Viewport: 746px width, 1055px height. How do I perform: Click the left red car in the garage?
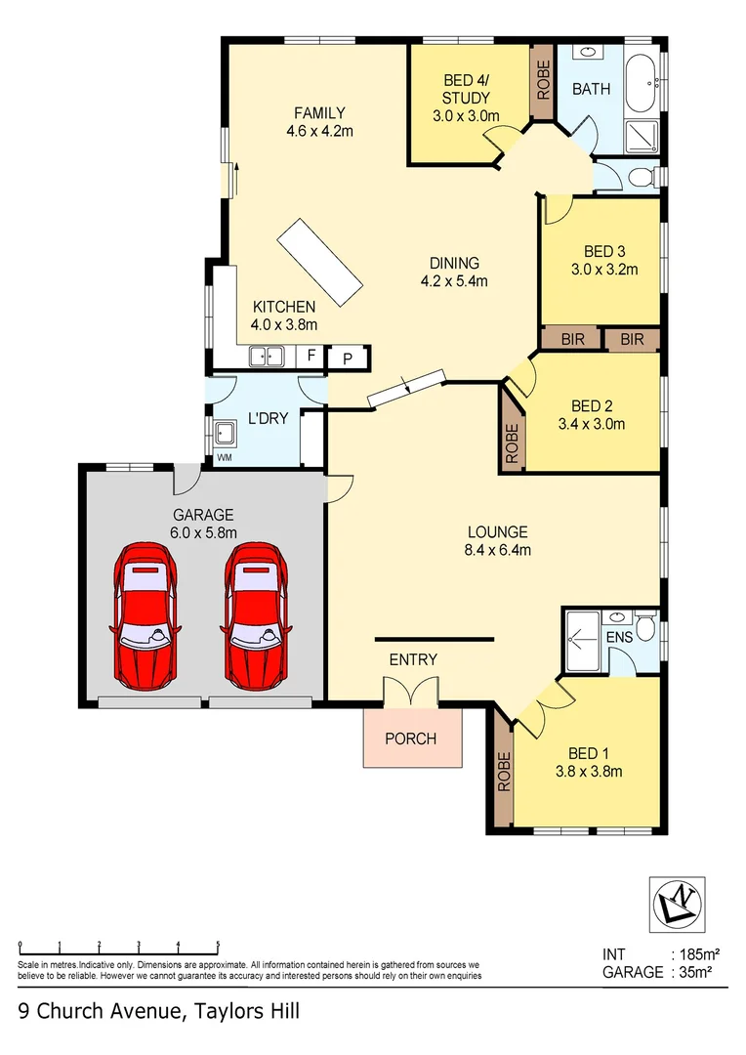pyautogui.click(x=146, y=615)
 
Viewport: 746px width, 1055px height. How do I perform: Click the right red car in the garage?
pyautogui.click(x=257, y=615)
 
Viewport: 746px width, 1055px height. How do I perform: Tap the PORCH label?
pyautogui.click(x=410, y=738)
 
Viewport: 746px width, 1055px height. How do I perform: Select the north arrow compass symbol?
pyautogui.click(x=678, y=900)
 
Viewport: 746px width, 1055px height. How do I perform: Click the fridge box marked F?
pyautogui.click(x=311, y=356)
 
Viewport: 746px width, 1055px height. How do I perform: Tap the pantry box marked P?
pyautogui.click(x=347, y=359)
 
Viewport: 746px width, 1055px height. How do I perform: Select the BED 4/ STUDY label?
pyautogui.click(x=466, y=89)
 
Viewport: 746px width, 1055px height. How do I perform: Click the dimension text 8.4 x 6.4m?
pyautogui.click(x=497, y=550)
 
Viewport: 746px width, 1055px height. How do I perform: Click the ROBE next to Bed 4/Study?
pyautogui.click(x=543, y=82)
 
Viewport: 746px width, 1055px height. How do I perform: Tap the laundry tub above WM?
pyautogui.click(x=226, y=432)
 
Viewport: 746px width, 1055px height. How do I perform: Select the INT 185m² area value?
pyautogui.click(x=699, y=953)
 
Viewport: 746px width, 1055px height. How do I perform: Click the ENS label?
pyautogui.click(x=618, y=638)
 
